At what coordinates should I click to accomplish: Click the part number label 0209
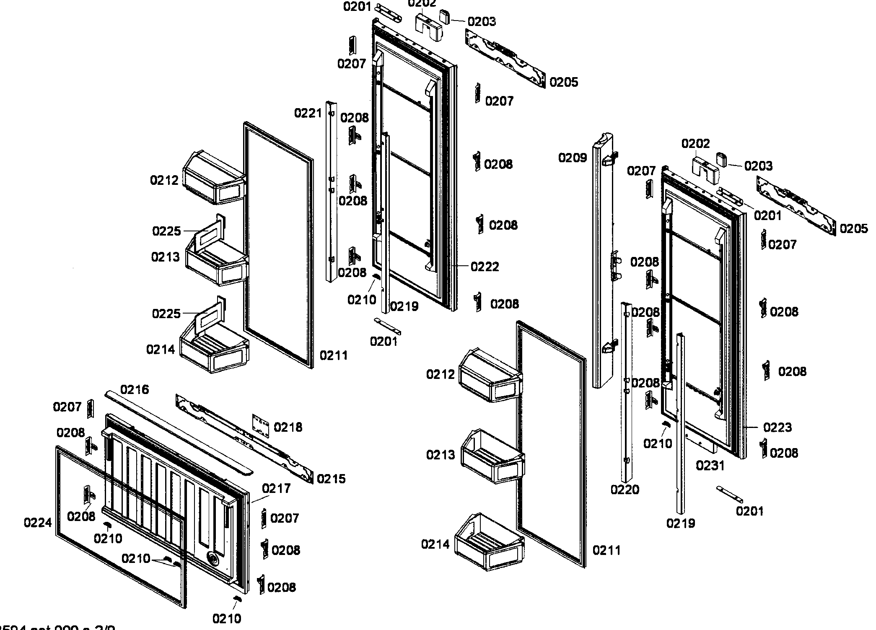[x=572, y=158]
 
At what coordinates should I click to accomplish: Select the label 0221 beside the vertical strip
[x=308, y=113]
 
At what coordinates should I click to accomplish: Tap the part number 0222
[x=485, y=267]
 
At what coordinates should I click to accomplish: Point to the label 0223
[x=777, y=427]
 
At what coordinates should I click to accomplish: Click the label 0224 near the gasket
[x=38, y=523]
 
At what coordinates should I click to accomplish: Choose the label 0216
[x=135, y=389]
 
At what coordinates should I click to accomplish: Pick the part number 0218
[x=288, y=427]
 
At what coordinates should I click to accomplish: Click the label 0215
[x=331, y=479]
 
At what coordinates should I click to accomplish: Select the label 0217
[x=276, y=488]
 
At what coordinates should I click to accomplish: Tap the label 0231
[x=710, y=465]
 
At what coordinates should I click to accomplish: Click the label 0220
[x=625, y=490]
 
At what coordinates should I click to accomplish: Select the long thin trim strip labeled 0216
[x=180, y=432]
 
